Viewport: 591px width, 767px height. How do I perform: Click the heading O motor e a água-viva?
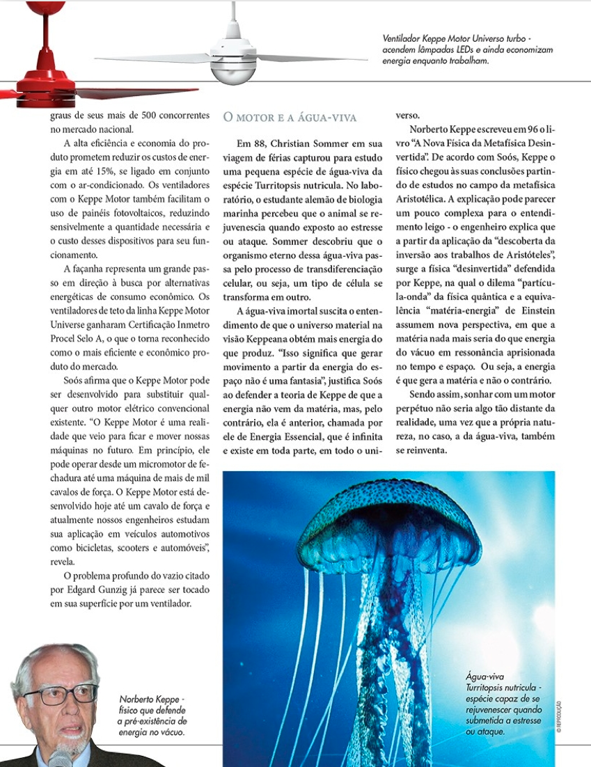[x=290, y=117]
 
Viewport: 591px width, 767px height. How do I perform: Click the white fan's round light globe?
[x=234, y=70]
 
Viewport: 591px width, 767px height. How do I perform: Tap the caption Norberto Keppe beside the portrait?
[x=152, y=715]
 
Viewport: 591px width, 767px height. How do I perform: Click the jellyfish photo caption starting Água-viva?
[x=503, y=703]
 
